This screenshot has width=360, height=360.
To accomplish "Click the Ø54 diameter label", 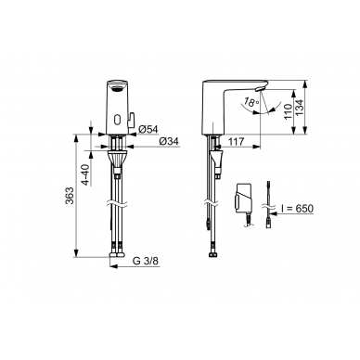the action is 148,130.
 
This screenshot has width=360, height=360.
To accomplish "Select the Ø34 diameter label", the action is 169,141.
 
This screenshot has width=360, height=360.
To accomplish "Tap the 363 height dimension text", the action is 70,196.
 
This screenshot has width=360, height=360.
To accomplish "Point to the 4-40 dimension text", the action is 87,174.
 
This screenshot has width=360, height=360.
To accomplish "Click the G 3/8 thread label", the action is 146,261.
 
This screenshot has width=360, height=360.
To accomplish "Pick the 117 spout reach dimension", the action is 237,142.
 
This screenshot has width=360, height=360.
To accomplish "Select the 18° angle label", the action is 251,102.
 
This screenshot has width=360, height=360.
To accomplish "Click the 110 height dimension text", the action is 288,112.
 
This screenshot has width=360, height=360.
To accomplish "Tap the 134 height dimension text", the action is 300,108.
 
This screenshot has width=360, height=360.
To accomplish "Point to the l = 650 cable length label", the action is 297,209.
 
